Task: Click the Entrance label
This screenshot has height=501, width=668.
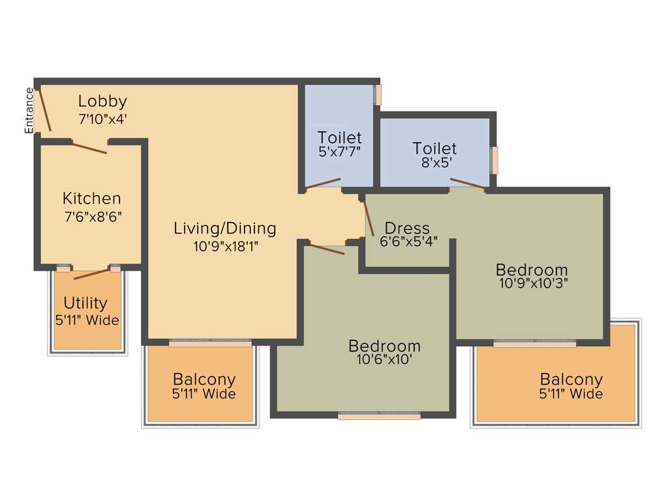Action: [29, 110]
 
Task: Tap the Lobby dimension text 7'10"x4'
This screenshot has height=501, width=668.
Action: [102, 119]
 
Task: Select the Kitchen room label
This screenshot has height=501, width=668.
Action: [91, 198]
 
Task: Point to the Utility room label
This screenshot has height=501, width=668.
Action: [85, 303]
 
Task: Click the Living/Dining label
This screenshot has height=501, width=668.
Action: [224, 228]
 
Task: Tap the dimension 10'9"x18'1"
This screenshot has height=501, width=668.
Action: [224, 246]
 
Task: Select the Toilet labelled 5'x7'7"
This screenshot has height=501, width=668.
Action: [339, 138]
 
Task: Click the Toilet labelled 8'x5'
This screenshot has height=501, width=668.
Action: [434, 148]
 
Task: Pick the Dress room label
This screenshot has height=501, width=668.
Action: [407, 228]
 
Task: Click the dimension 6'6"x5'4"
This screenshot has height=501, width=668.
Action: [408, 241]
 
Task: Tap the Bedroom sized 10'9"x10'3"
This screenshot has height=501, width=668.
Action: [532, 269]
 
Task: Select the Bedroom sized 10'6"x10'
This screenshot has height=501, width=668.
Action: [384, 346]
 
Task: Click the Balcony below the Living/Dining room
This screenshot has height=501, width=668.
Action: [204, 379]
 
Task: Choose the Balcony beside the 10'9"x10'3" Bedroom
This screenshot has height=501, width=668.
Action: [571, 379]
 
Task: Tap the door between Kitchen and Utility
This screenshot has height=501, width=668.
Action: [92, 273]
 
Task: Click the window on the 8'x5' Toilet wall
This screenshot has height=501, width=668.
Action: [494, 160]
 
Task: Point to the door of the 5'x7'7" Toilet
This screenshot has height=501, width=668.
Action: [324, 183]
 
